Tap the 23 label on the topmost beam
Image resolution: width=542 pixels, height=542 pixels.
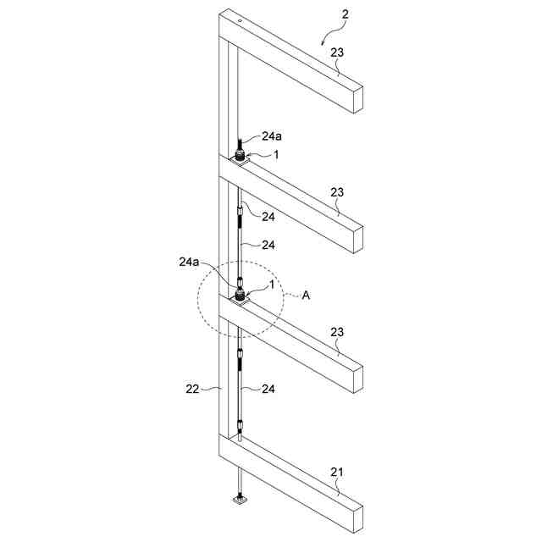[337, 53]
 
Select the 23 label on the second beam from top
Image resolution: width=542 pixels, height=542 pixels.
[337, 193]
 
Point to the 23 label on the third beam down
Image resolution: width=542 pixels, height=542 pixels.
[337, 333]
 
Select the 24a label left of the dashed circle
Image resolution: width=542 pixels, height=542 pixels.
[190, 263]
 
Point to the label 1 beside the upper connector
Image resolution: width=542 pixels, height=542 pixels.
[274, 154]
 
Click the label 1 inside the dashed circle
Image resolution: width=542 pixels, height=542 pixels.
[271, 285]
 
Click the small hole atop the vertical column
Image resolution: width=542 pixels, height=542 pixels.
[241, 19]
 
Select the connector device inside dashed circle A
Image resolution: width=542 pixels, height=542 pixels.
[241, 295]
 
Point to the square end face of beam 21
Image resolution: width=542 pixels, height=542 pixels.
[354, 518]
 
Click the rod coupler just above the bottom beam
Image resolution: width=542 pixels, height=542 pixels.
[241, 423]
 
